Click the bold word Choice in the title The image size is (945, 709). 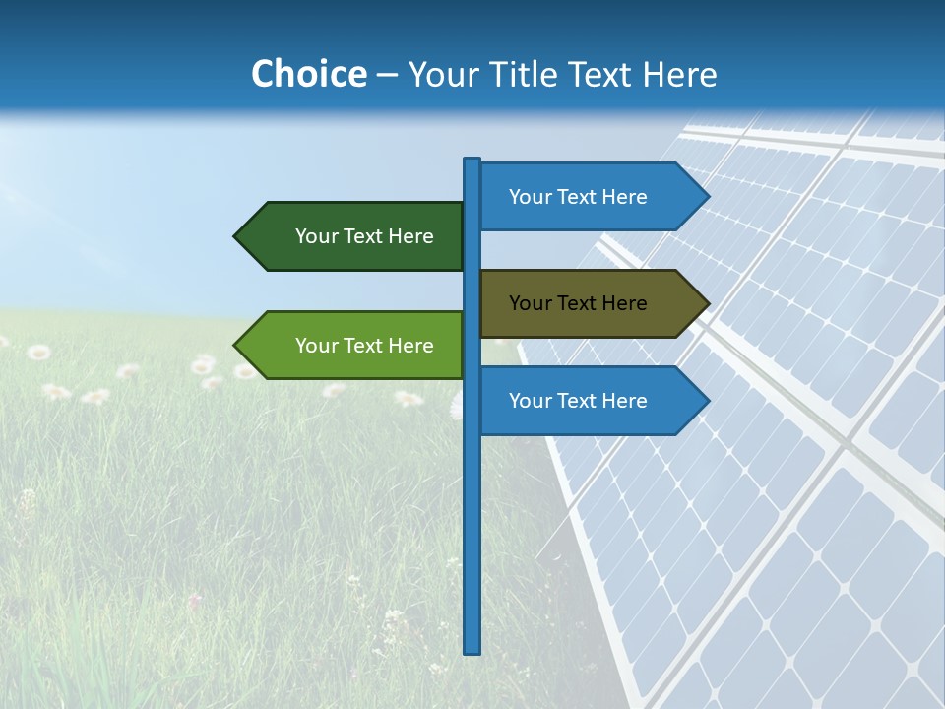308,75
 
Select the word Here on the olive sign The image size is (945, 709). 623,303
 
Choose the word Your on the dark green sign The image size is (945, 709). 316,236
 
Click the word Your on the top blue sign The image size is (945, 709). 530,197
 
